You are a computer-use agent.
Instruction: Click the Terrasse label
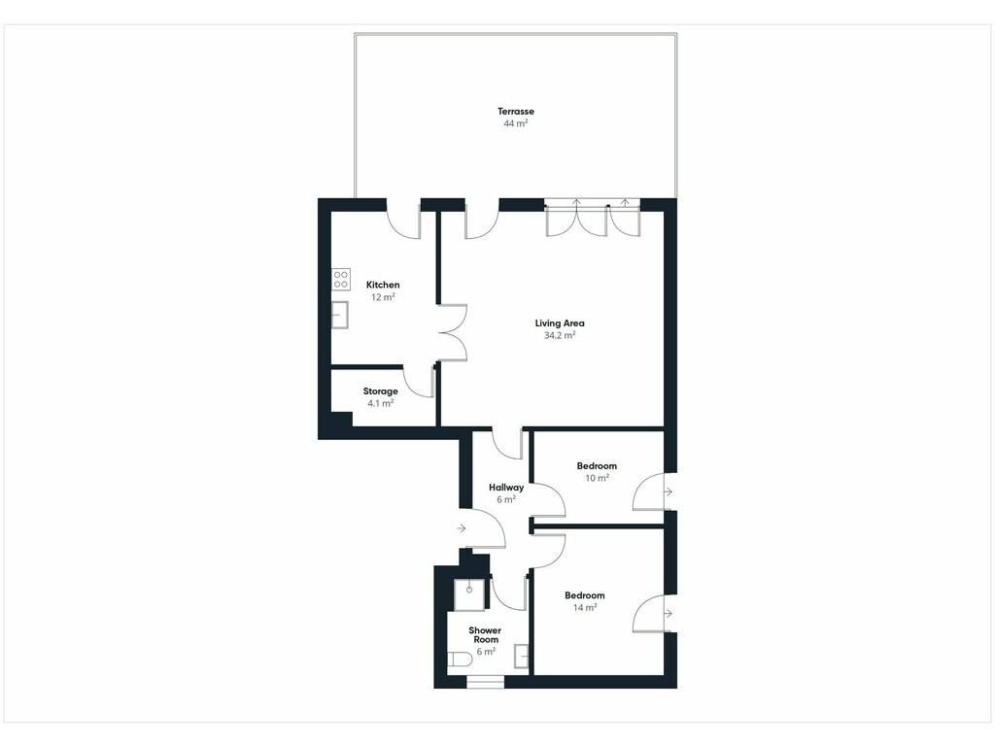pyautogui.click(x=515, y=112)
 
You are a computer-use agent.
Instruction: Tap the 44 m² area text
pyautogui.click(x=515, y=123)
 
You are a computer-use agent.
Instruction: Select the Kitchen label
pyautogui.click(x=383, y=285)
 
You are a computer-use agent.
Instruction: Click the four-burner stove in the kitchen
pyautogui.click(x=341, y=280)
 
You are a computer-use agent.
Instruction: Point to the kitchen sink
pyautogui.click(x=339, y=315)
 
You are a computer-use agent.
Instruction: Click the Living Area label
pyautogui.click(x=560, y=323)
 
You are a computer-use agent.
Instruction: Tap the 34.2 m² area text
pyautogui.click(x=560, y=335)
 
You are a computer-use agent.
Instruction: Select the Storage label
pyautogui.click(x=380, y=391)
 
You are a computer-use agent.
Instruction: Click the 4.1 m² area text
pyautogui.click(x=381, y=403)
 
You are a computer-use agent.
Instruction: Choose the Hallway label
pyautogui.click(x=506, y=488)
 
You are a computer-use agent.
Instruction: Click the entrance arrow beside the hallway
pyautogui.click(x=462, y=528)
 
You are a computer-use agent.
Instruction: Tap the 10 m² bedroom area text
pyautogui.click(x=597, y=478)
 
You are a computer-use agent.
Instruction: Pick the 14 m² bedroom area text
pyautogui.click(x=584, y=608)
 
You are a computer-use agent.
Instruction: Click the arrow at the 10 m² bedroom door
pyautogui.click(x=669, y=492)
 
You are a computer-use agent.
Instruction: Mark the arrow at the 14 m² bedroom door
pyautogui.click(x=669, y=614)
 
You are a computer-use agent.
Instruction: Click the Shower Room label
pyautogui.click(x=485, y=635)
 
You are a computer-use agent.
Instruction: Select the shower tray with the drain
pyautogui.click(x=469, y=594)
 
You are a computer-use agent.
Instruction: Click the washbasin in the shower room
pyautogui.click(x=522, y=656)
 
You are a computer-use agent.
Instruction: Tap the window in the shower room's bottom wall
pyautogui.click(x=486, y=682)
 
